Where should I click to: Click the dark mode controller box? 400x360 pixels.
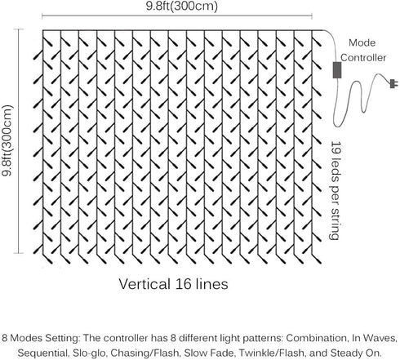337,70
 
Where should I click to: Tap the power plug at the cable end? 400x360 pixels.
393,83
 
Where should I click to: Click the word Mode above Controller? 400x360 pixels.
362,42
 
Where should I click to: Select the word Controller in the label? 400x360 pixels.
363,58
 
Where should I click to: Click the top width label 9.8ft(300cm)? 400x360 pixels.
182,6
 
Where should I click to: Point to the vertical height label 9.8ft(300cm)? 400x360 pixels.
7,140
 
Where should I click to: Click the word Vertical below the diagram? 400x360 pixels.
144,284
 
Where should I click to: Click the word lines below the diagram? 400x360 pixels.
212,284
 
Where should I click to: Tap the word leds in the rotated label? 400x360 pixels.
336,169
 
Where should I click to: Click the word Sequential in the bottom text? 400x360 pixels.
42,353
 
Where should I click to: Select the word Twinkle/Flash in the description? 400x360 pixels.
272,353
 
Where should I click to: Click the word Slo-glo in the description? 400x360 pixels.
89,353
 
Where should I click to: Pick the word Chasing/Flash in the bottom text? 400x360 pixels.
145,353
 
